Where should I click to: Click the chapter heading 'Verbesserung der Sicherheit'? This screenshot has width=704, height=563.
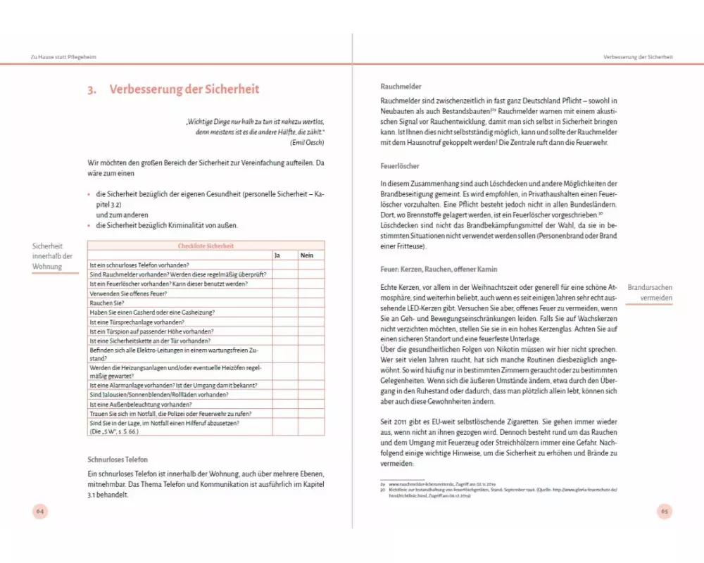point(184,89)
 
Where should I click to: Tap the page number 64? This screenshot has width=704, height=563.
point(41,512)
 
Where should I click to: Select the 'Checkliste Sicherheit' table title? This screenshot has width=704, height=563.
point(206,246)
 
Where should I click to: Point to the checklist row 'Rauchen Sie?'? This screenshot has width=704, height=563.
point(107,303)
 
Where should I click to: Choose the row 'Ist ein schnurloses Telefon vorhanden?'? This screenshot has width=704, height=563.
point(139,265)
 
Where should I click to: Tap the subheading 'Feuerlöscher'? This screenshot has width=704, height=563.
point(400,166)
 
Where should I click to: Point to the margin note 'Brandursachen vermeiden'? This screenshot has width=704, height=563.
point(650,293)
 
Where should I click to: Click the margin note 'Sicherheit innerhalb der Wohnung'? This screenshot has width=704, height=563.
point(53,256)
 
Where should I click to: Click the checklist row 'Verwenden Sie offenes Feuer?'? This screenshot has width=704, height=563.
point(129,293)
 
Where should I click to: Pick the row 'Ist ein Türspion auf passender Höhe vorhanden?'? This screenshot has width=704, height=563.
point(151,331)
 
